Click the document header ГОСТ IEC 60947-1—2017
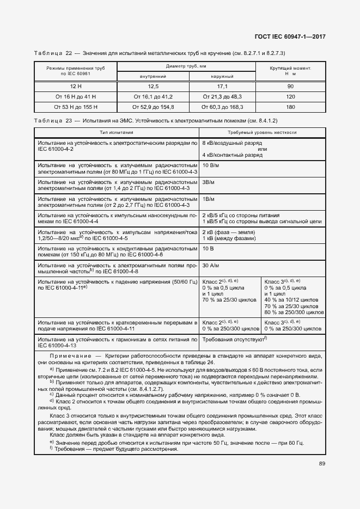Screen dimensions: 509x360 point(294,37)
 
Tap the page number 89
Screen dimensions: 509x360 point(322,464)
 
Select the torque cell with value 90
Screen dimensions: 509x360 point(290,87)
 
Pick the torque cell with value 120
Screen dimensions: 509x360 point(290,96)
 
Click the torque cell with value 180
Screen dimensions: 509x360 point(290,107)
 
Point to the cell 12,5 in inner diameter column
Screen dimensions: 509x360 point(153,87)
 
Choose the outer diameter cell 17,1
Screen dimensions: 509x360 point(222,87)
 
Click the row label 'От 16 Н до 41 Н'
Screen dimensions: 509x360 point(76,96)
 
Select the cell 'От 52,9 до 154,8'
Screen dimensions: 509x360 point(153,107)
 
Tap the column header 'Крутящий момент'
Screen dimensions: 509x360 point(290,69)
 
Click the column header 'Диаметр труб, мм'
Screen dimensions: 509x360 point(187,66)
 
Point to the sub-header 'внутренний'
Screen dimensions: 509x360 point(153,76)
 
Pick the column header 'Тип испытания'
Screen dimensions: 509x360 point(116,132)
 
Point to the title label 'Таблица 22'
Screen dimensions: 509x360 point(53,53)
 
